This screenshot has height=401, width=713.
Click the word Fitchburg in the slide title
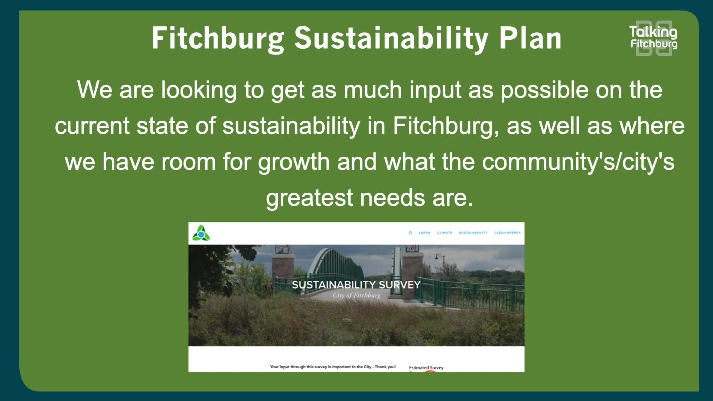[218, 38]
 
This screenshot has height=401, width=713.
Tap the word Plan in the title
[530, 38]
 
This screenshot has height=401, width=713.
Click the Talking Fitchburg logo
[654, 38]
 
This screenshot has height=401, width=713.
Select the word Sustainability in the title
[391, 38]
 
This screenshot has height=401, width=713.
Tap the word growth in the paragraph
[294, 162]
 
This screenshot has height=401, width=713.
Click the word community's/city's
[578, 162]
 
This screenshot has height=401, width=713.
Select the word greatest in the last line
[309, 198]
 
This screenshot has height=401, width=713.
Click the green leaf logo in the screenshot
[201, 233]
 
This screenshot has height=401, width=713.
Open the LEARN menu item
[424, 233]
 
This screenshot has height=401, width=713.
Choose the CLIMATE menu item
[445, 233]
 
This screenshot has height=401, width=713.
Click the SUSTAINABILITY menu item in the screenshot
[473, 233]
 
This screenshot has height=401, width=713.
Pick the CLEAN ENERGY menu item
[507, 233]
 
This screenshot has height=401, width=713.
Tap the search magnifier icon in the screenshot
[410, 233]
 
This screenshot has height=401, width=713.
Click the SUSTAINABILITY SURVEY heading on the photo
[356, 285]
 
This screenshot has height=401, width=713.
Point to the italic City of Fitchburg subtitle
[356, 296]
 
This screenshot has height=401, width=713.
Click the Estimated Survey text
[426, 368]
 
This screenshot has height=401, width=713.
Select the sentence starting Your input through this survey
[333, 367]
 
